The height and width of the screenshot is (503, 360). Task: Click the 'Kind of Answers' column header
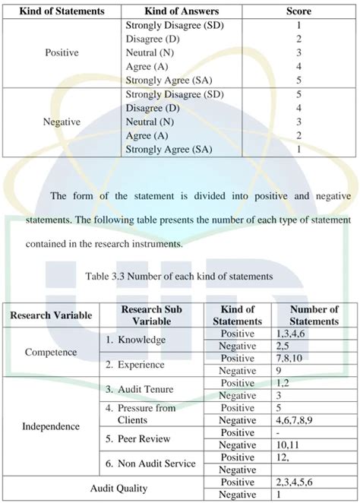[x=172, y=12]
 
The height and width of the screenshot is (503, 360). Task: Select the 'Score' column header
[x=298, y=12]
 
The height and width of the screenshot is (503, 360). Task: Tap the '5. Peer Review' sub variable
[x=139, y=438]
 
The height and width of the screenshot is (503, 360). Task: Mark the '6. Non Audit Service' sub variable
[x=150, y=463]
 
